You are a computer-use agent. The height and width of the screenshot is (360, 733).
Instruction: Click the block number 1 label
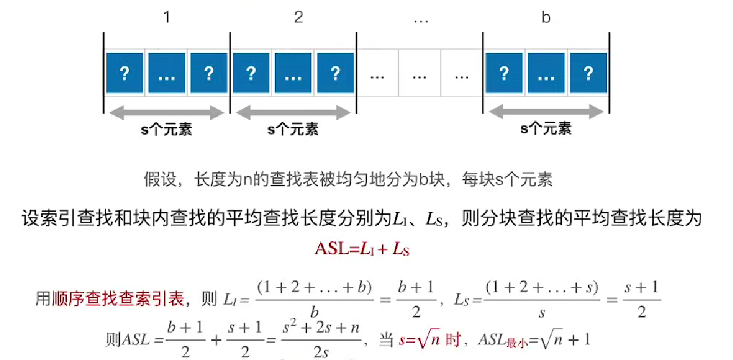point(167,17)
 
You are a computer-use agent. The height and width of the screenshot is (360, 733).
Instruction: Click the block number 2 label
point(298,17)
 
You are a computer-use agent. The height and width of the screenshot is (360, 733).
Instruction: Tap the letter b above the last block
point(546,17)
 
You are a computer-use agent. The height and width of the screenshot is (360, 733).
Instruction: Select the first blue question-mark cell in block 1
point(124,73)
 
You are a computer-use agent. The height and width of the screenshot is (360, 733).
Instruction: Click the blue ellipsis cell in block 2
point(293,73)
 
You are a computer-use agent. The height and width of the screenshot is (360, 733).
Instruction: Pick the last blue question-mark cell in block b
point(588,73)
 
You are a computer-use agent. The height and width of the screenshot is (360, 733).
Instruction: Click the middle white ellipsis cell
point(419,74)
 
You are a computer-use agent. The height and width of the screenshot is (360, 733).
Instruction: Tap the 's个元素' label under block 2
point(293,130)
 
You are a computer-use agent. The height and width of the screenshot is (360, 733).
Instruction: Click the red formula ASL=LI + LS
point(363,249)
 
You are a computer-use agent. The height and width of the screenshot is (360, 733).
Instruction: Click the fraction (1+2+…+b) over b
point(314,300)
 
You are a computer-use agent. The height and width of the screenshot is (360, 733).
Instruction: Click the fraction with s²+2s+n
point(322,340)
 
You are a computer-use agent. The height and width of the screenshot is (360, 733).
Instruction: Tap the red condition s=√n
point(420,341)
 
